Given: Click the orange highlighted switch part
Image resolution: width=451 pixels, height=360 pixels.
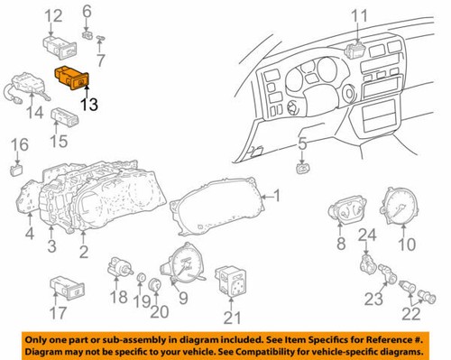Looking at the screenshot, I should [70, 78].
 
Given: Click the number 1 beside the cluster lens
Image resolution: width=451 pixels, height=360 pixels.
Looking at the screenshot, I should [277, 196].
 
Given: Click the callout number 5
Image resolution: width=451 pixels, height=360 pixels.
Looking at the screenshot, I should [303, 143].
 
